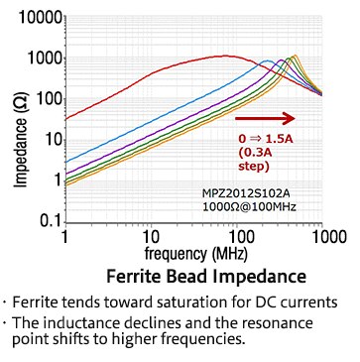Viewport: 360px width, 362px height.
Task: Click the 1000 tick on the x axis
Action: click(320, 239)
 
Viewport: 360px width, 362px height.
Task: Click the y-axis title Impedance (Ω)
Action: click(17, 119)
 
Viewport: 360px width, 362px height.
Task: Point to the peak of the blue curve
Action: click(267, 61)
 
